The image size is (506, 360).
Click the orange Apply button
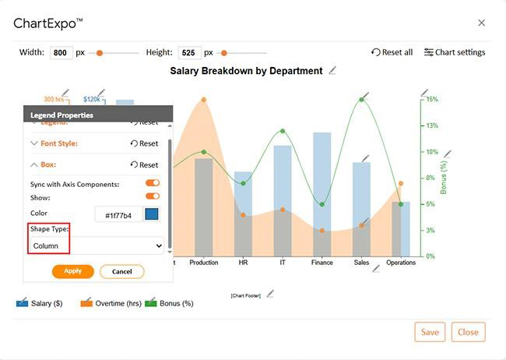click(x=73, y=271)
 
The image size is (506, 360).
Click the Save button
click(x=430, y=332)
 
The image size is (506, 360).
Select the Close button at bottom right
click(x=468, y=332)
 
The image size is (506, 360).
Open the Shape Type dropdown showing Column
click(x=97, y=245)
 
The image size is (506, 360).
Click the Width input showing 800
click(x=61, y=53)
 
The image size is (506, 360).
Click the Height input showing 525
click(x=189, y=53)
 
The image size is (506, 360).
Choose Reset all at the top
click(x=392, y=52)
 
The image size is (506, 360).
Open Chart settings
click(x=455, y=52)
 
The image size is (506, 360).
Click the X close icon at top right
click(x=482, y=23)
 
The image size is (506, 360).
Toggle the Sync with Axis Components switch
click(x=153, y=184)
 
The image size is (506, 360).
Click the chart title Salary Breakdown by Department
click(x=246, y=71)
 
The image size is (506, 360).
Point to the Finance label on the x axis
click(x=322, y=263)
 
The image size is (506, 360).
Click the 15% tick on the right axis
click(x=432, y=99)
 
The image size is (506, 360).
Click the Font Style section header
click(x=58, y=143)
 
